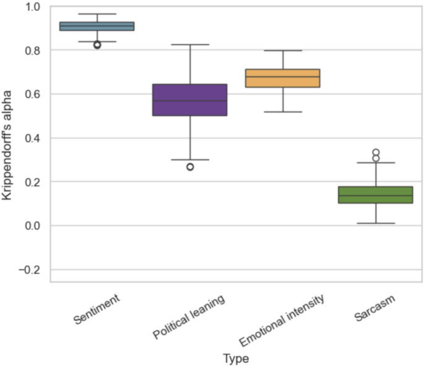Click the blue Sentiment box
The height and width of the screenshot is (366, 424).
97,26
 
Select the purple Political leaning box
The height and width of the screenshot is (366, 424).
190,100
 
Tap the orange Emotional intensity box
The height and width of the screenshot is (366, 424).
283,78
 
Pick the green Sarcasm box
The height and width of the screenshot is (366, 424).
376,195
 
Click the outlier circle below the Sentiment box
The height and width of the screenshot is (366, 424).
97,45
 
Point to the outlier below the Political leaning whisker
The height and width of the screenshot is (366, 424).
190,167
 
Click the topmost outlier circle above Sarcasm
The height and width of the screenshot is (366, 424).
376,152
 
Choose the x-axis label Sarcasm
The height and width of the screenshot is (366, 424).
376,307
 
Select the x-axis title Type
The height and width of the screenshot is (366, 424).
236,358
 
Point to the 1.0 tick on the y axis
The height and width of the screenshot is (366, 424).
32,7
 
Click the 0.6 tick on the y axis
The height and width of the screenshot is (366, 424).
32,95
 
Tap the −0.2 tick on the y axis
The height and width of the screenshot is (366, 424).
28,270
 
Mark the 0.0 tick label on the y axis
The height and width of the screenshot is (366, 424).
32,226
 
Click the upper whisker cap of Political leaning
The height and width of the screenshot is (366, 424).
190,45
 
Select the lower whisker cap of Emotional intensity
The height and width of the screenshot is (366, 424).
283,112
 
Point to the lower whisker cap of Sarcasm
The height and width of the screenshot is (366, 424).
376,223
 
